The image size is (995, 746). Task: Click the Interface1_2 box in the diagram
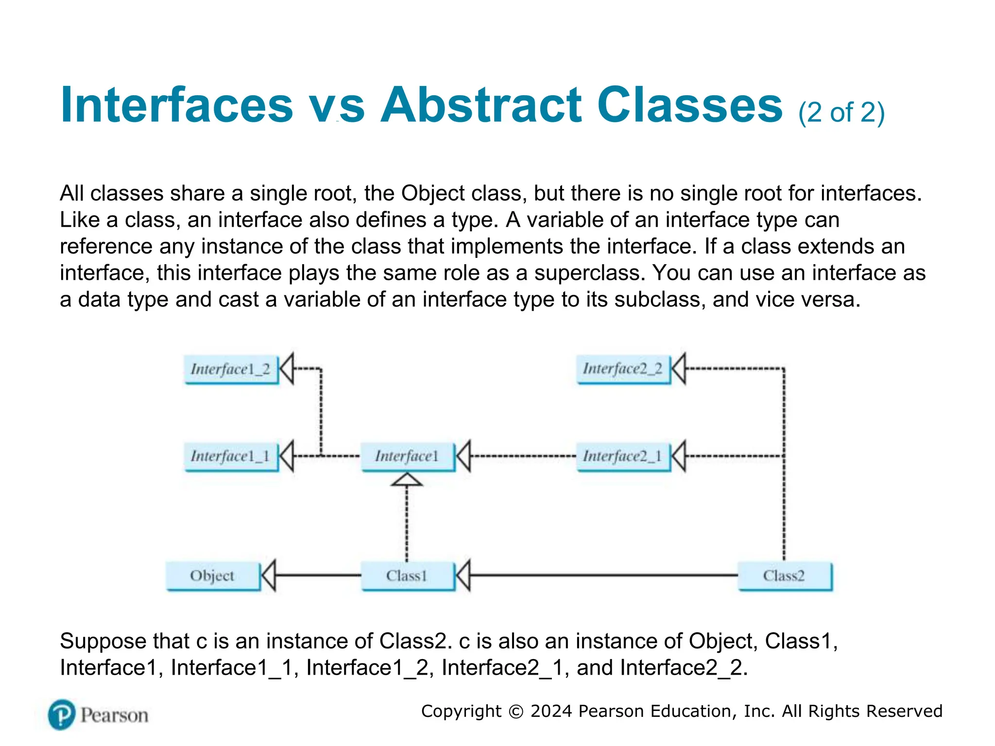tap(231, 370)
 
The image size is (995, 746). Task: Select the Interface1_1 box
tap(231, 457)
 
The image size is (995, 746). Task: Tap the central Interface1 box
tap(408, 457)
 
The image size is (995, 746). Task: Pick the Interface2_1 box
tap(623, 457)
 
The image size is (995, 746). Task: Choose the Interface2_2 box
tap(623, 369)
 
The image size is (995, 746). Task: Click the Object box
tap(213, 576)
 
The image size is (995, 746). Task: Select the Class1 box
tap(408, 576)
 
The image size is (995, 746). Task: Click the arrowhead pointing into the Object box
tap(269, 576)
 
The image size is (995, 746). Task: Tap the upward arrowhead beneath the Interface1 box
tap(407, 480)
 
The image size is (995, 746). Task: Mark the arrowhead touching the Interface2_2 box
tap(679, 369)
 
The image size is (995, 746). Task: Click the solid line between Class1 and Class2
tap(602, 576)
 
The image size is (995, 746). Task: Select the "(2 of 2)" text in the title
tap(841, 113)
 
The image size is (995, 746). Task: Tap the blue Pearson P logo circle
tap(62, 714)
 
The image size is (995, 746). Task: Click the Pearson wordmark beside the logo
tap(115, 715)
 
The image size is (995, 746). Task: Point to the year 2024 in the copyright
tap(551, 711)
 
